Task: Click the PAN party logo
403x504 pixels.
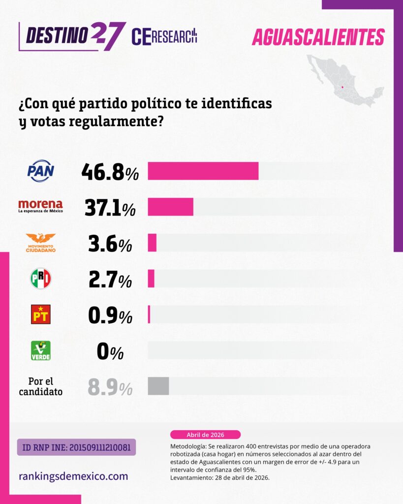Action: click(x=40, y=171)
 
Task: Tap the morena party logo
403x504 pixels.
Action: click(x=40, y=206)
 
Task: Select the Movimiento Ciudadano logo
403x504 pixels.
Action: click(x=40, y=243)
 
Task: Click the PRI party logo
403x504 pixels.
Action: click(x=40, y=279)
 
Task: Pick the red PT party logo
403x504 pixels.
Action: click(x=40, y=315)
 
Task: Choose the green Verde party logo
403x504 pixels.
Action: click(x=40, y=350)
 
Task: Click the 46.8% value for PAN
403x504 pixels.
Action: click(x=110, y=172)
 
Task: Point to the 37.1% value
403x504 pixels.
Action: click(x=110, y=208)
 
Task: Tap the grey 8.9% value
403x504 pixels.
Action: click(x=110, y=387)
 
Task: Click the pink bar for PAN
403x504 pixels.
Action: click(x=203, y=171)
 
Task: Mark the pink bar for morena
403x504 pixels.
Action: click(x=170, y=207)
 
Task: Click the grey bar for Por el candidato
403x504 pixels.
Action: click(x=158, y=386)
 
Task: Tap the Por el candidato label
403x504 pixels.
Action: click(x=40, y=387)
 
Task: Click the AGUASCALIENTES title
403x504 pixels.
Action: click(x=318, y=37)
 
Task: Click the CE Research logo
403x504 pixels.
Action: click(x=164, y=36)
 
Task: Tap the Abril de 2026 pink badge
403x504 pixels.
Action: click(x=205, y=435)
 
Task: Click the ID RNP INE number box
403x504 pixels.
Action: click(x=76, y=447)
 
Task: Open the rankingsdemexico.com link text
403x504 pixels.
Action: click(x=73, y=476)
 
